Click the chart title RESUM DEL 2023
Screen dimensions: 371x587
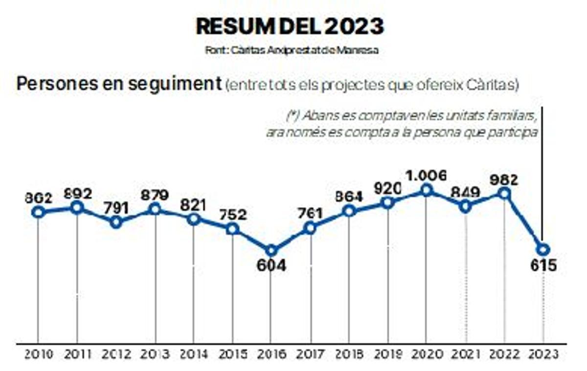(290, 26)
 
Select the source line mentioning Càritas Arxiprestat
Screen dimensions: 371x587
(292, 50)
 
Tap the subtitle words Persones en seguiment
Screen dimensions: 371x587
(119, 84)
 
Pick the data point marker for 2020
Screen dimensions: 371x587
(427, 190)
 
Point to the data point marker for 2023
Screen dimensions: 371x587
(543, 249)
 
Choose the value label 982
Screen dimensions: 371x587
(504, 180)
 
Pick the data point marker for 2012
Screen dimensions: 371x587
(116, 222)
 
